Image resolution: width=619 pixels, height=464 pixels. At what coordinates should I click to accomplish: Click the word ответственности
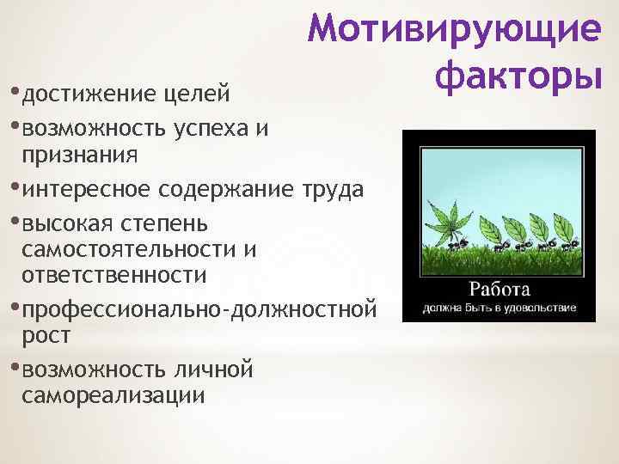coord(115,275)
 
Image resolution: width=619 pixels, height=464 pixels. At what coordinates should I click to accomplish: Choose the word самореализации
coord(113,395)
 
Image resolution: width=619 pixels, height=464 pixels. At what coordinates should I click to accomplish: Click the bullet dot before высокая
coord(17,223)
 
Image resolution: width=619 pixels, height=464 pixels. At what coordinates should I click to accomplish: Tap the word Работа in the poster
coord(499,287)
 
